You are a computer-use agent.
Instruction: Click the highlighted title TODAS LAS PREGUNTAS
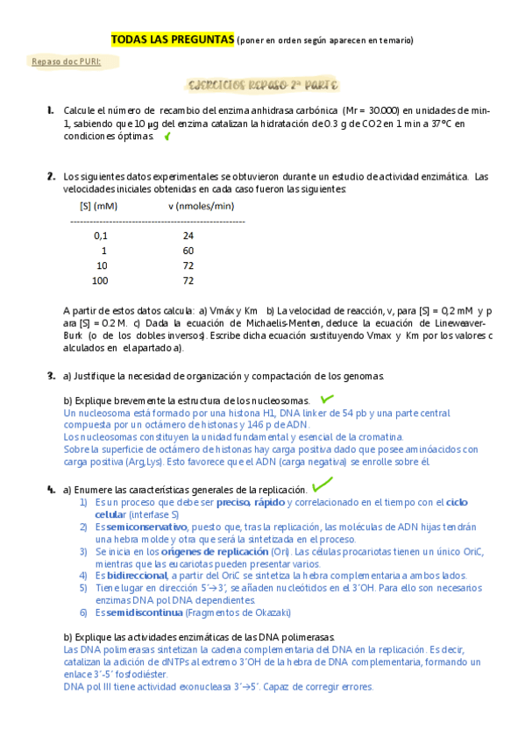(x=173, y=39)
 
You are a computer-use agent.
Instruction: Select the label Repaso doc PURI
(x=66, y=62)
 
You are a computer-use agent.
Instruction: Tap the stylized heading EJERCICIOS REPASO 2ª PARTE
(x=263, y=86)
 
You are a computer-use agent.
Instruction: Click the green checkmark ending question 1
(x=167, y=137)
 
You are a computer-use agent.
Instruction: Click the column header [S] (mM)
(x=98, y=207)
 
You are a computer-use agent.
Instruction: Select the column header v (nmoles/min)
(x=202, y=207)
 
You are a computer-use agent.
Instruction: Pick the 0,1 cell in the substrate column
(x=101, y=236)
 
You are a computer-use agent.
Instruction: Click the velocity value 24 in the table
(x=188, y=236)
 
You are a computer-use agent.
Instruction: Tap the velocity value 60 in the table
(x=188, y=251)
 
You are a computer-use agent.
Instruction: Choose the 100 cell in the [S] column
(x=100, y=280)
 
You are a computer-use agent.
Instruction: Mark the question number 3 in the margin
(x=52, y=376)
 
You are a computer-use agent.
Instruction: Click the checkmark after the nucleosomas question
(x=329, y=400)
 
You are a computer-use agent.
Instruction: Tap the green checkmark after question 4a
(x=322, y=484)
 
